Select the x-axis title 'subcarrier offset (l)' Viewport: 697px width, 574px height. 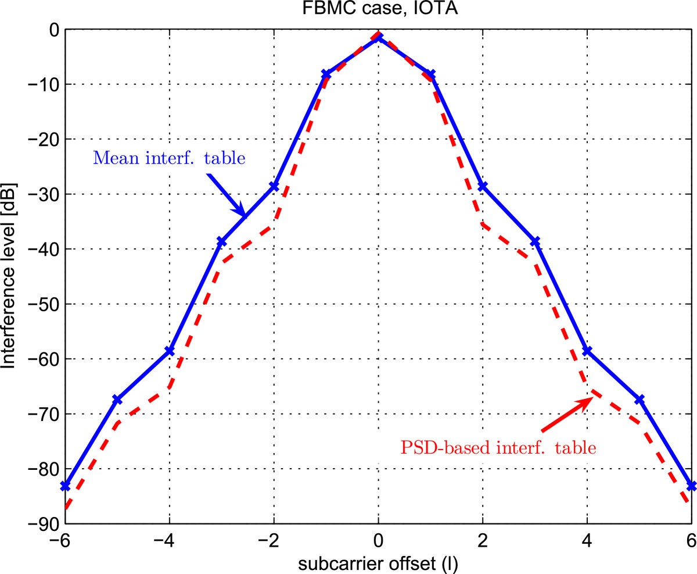coord(378,562)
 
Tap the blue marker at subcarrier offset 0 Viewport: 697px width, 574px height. coord(378,37)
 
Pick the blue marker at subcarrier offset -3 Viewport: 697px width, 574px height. coord(221,241)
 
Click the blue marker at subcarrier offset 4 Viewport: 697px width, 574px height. coord(587,351)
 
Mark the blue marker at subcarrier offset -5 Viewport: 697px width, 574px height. coord(117,400)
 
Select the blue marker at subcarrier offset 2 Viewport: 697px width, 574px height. coord(483,186)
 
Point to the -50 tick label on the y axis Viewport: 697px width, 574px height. coord(41,304)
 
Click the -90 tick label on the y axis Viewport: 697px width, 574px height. coord(41,523)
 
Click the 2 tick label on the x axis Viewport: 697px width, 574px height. coord(483,540)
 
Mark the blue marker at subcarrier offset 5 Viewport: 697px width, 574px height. coord(639,400)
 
